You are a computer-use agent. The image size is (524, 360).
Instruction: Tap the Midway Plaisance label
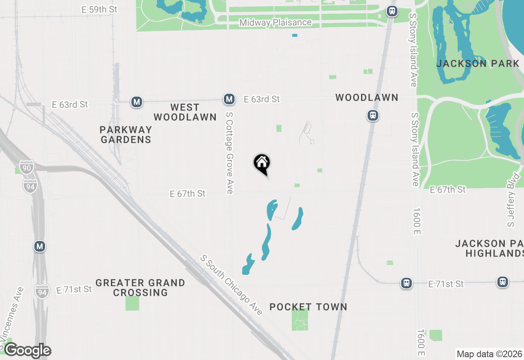[276, 22]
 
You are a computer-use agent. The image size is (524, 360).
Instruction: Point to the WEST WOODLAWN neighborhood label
[185, 112]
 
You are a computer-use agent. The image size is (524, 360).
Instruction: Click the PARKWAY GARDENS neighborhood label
[126, 135]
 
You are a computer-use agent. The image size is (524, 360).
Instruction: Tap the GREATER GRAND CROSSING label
[140, 288]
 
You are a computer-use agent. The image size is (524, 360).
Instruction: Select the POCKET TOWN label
[308, 307]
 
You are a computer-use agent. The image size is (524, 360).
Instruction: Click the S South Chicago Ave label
[231, 285]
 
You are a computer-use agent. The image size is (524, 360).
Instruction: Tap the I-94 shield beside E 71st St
[42, 291]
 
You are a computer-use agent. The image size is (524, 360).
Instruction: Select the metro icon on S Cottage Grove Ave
[229, 99]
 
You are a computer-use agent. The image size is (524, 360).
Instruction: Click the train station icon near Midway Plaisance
[392, 11]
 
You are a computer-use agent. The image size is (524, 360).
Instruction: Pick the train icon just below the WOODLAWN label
[373, 115]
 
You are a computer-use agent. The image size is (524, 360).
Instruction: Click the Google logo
[27, 350]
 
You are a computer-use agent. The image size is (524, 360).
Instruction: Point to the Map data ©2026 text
[489, 354]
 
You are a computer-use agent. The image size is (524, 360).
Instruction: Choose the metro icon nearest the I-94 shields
[40, 246]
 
